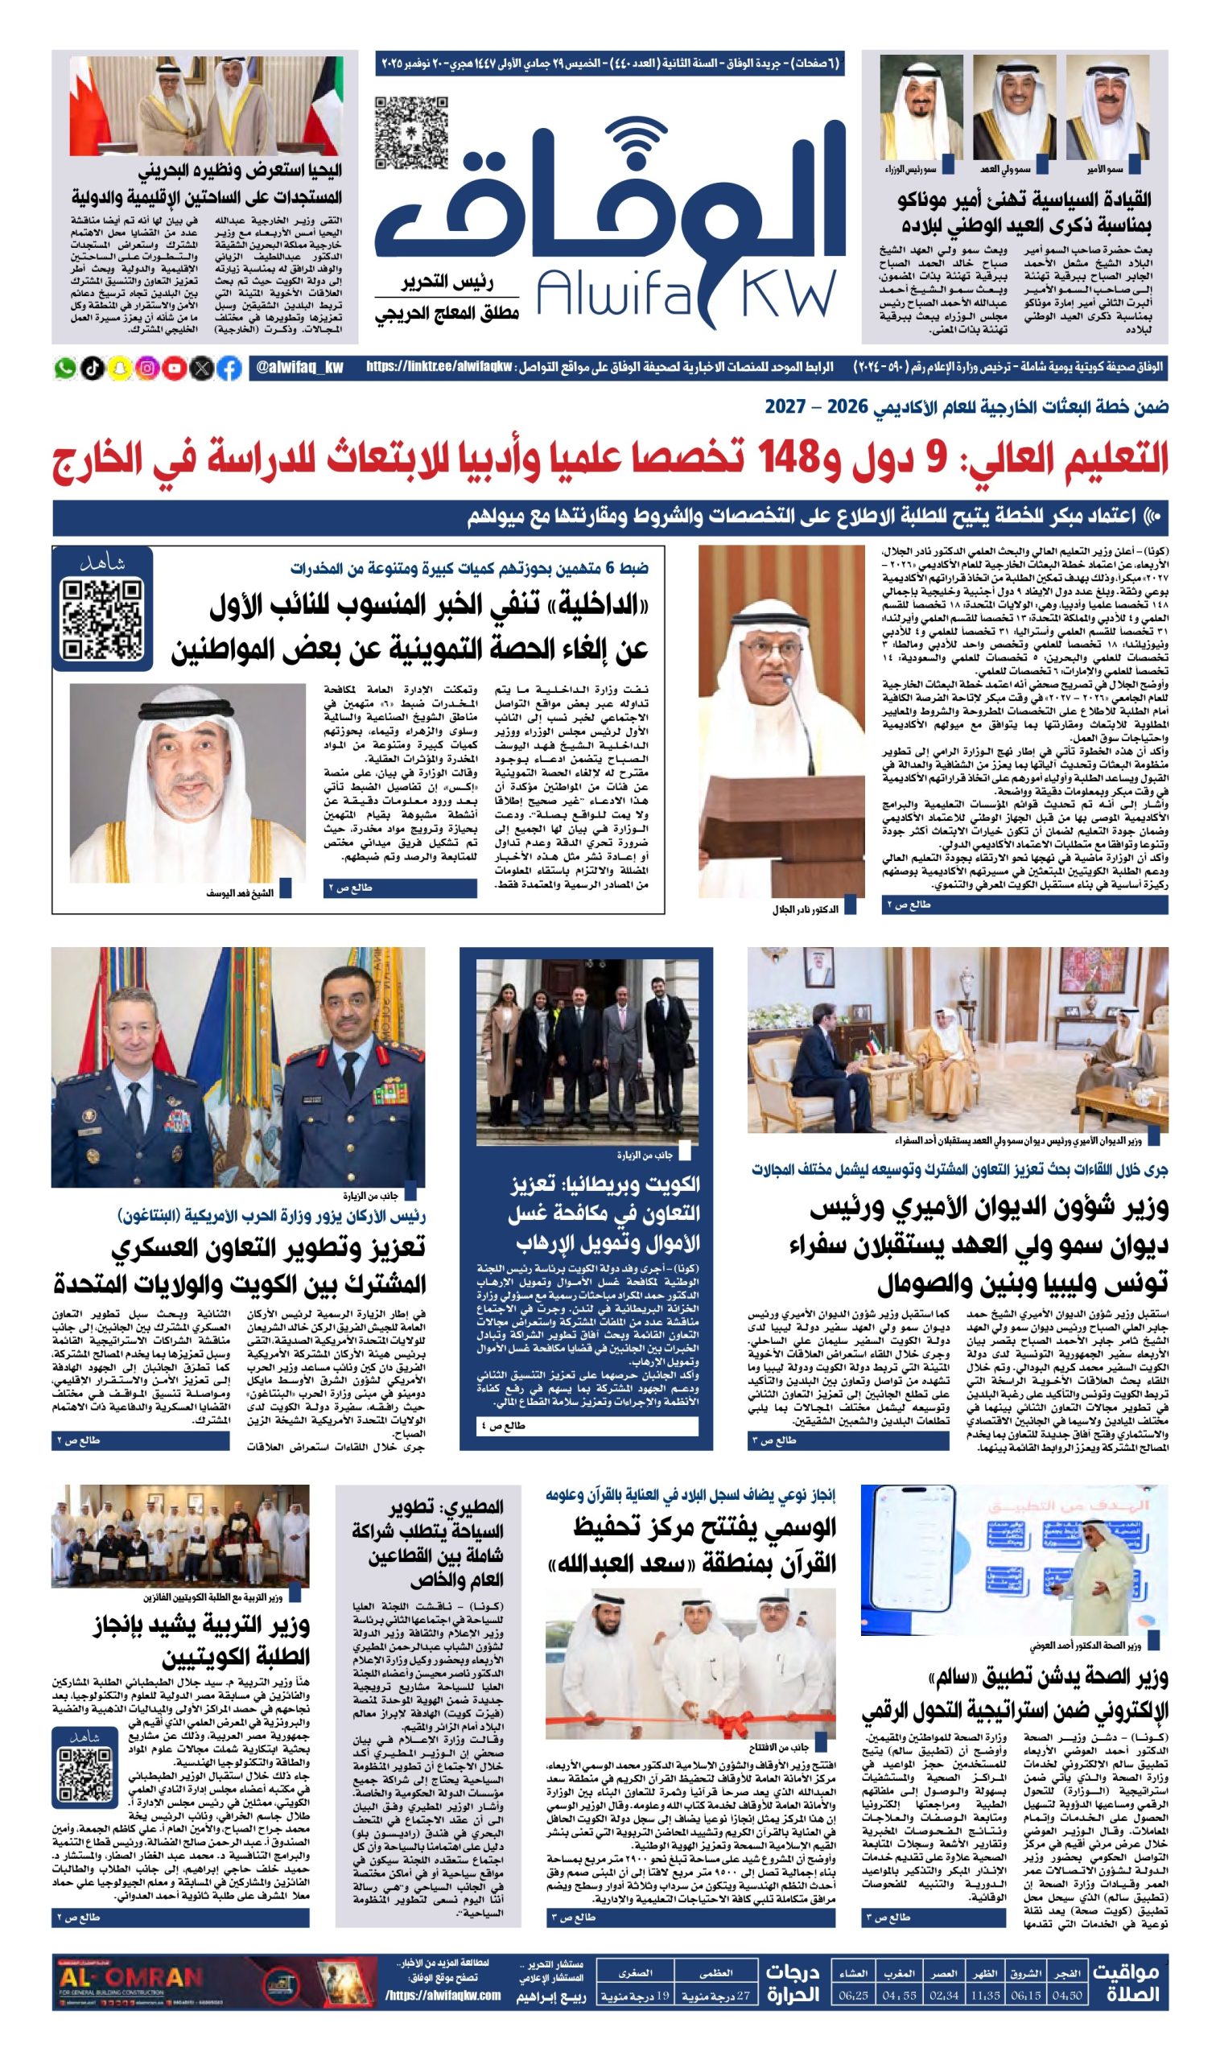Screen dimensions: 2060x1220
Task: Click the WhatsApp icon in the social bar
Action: pyautogui.click(x=64, y=368)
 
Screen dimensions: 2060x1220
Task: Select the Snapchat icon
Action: pyautogui.click(x=120, y=368)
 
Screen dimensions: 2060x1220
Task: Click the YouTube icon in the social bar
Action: pyautogui.click(x=175, y=368)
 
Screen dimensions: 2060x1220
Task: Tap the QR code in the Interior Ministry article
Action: pyautogui.click(x=104, y=619)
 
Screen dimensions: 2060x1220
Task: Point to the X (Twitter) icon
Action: pyautogui.click(x=201, y=368)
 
